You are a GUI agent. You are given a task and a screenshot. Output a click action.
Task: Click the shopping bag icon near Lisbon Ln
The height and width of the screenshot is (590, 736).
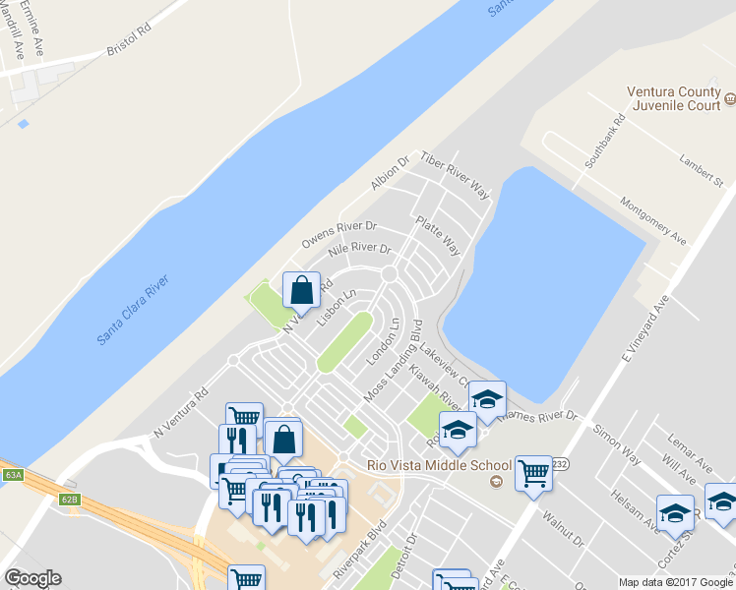[x=301, y=289]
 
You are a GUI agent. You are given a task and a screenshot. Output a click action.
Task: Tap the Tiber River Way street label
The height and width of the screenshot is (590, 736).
[x=455, y=176]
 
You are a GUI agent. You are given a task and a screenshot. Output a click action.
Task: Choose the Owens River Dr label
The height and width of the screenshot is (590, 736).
[x=338, y=237]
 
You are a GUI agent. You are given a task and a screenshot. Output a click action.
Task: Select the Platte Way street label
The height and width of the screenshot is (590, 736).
[x=439, y=236]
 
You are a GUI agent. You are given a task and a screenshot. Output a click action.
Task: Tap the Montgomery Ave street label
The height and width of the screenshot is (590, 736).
[x=653, y=219]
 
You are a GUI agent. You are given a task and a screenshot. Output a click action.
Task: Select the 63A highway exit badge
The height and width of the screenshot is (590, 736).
[x=13, y=475]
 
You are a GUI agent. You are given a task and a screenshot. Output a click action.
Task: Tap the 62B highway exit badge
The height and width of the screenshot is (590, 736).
[x=68, y=499]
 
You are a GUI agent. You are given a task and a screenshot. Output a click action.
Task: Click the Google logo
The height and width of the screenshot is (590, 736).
[x=31, y=578]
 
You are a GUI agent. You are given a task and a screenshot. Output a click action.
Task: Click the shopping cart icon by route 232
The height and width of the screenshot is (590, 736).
[x=533, y=473]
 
